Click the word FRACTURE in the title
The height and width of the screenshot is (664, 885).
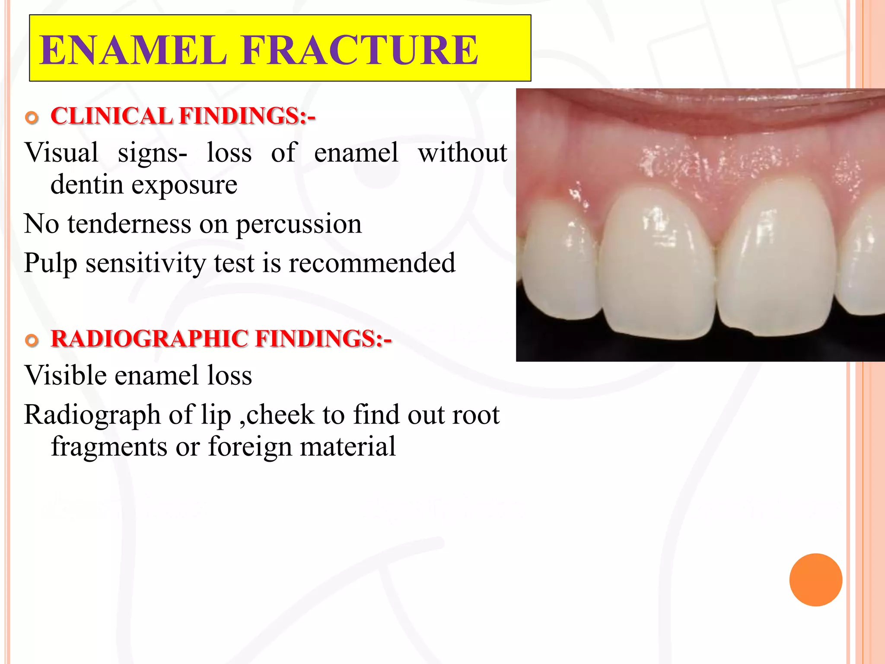pyautogui.click(x=360, y=51)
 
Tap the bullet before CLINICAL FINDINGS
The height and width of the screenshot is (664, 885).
pyautogui.click(x=32, y=118)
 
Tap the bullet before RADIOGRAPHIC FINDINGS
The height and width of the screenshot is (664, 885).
pyautogui.click(x=32, y=340)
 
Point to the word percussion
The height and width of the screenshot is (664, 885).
pyautogui.click(x=299, y=224)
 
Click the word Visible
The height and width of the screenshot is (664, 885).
pyautogui.click(x=65, y=375)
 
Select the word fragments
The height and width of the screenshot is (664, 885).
pyautogui.click(x=109, y=447)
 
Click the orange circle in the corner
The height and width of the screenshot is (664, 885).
pyautogui.click(x=815, y=580)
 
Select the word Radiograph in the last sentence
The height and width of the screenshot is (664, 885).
pyautogui.click(x=92, y=415)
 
